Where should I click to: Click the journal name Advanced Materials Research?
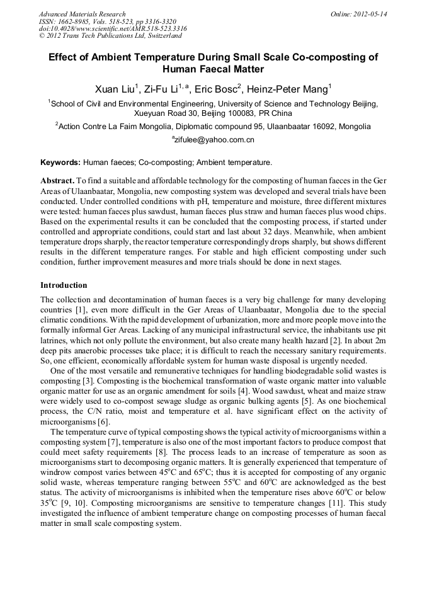pos(82,14)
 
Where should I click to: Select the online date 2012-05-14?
pos(371,14)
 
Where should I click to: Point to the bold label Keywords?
pos(60,162)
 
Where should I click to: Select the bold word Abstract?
pos(58,180)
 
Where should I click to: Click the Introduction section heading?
pos(64,285)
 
